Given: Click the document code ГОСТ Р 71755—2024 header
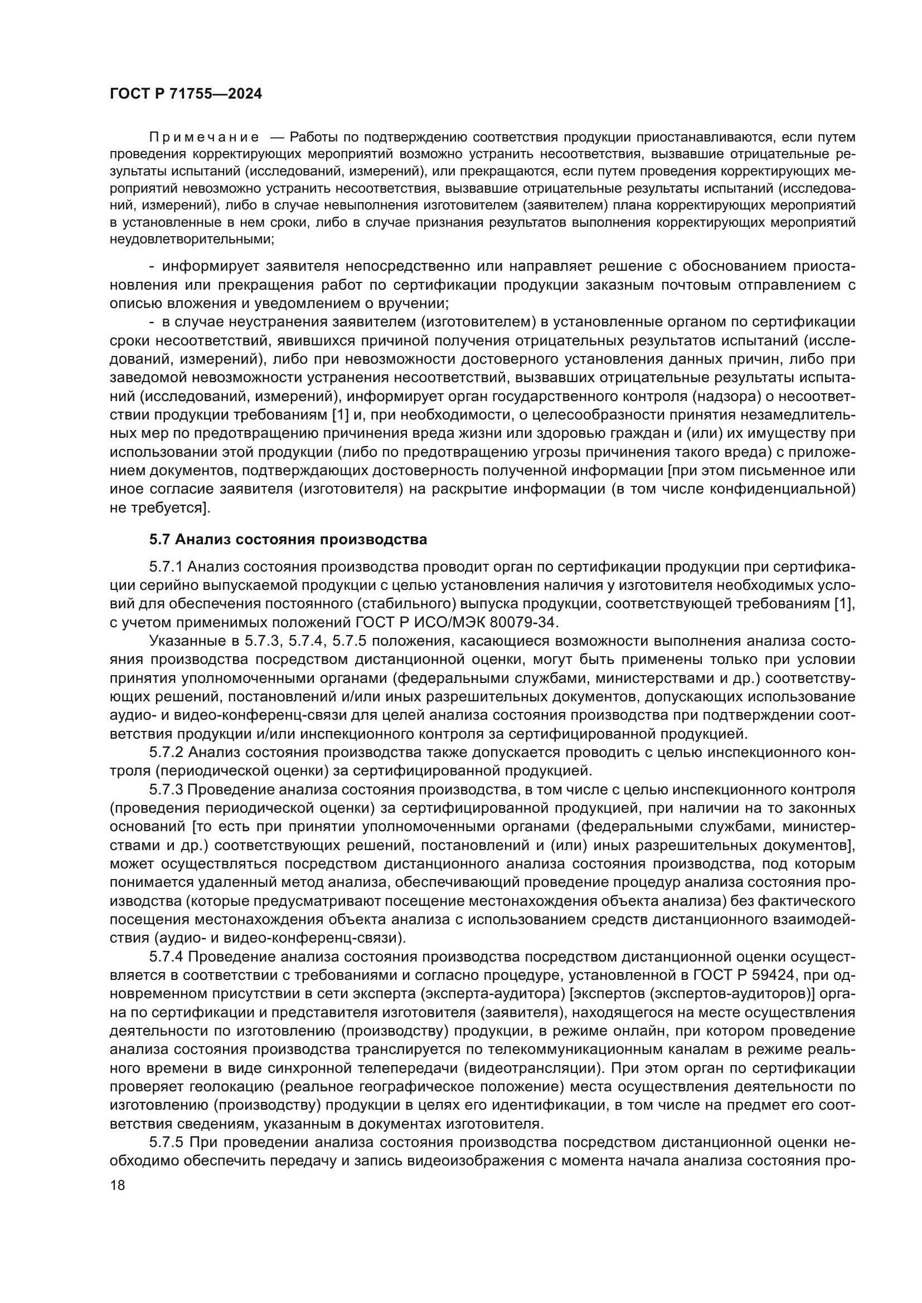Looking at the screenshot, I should tap(186, 94).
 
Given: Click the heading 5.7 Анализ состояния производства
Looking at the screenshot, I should tap(288, 539).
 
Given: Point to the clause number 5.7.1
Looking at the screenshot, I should tap(166, 567).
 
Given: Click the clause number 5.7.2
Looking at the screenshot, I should tap(166, 752).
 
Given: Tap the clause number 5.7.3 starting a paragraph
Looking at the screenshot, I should tap(166, 789).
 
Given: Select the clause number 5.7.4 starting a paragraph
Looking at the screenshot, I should tap(166, 956).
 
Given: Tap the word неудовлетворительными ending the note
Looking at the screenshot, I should tap(191, 239).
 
